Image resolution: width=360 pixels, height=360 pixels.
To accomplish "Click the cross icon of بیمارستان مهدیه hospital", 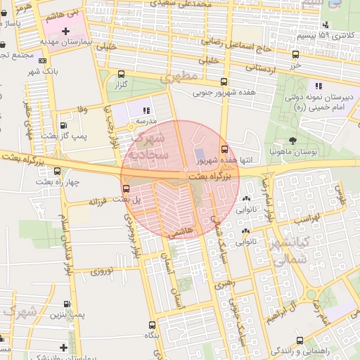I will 65,32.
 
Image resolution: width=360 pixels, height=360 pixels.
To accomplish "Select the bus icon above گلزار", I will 122,74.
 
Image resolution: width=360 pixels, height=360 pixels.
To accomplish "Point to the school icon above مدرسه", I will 146,110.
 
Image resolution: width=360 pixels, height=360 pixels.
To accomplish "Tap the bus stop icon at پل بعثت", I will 126,188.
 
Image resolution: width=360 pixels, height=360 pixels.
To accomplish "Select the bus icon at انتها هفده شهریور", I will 224,149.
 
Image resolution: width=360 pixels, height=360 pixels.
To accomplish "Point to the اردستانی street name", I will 264,69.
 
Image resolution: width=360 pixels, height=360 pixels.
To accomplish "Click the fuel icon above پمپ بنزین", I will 66,304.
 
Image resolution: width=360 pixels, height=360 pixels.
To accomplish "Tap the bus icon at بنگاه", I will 153,325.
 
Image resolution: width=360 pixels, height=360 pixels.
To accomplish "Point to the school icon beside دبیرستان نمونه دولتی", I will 319,86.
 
